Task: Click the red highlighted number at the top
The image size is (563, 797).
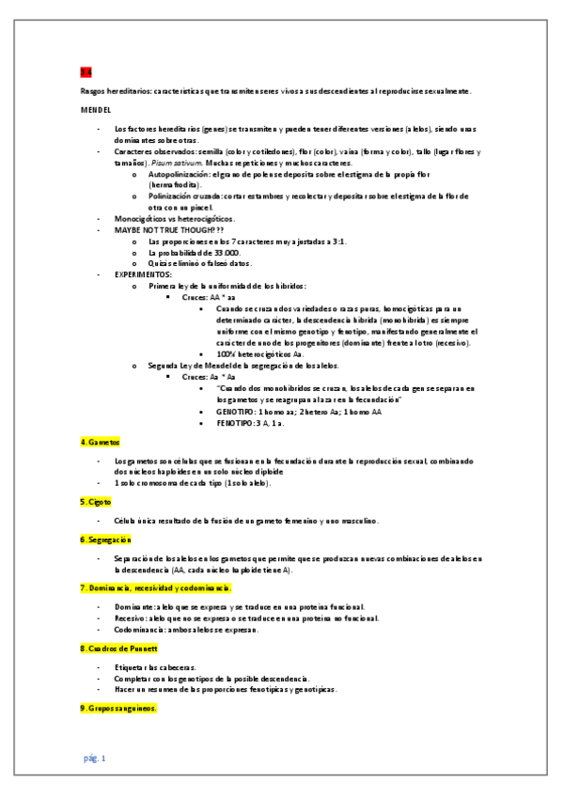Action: [86, 71]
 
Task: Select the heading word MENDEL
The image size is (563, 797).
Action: [96, 110]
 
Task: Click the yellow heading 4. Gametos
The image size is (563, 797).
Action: [101, 442]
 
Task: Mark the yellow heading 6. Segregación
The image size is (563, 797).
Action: [106, 539]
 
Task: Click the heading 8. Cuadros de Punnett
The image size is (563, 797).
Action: [118, 649]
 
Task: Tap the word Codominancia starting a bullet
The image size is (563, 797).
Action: [142, 630]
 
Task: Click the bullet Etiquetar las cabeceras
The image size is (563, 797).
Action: [155, 666]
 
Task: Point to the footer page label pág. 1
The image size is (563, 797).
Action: [95, 758]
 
